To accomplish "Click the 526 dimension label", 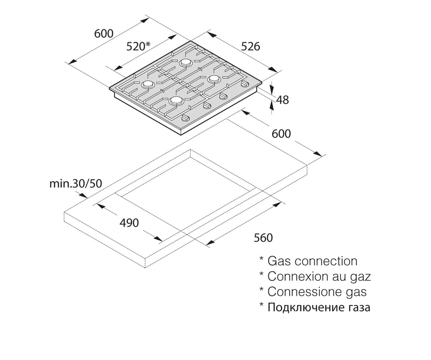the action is point(250,47).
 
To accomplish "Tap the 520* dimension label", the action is point(138,46).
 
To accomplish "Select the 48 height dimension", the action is point(283,99).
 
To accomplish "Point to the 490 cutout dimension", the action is point(129,223).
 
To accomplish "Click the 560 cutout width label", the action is point(263,238).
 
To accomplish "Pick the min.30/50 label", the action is point(75,183).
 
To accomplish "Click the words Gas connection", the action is point(312,261).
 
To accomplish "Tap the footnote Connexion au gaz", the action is point(319,276).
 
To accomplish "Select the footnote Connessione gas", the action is point(317,292).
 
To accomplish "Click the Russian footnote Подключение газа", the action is point(319,307).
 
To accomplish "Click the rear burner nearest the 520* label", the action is point(185,63).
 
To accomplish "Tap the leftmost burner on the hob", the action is point(147,84).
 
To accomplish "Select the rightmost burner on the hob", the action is point(214,79).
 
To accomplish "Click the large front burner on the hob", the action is point(176,101).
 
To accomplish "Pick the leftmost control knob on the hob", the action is point(186,118).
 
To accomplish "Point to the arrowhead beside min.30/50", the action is point(83,195).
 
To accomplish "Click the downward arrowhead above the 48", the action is point(272,90).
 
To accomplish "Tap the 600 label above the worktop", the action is point(281,134).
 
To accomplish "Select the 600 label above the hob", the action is point(103,34).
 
